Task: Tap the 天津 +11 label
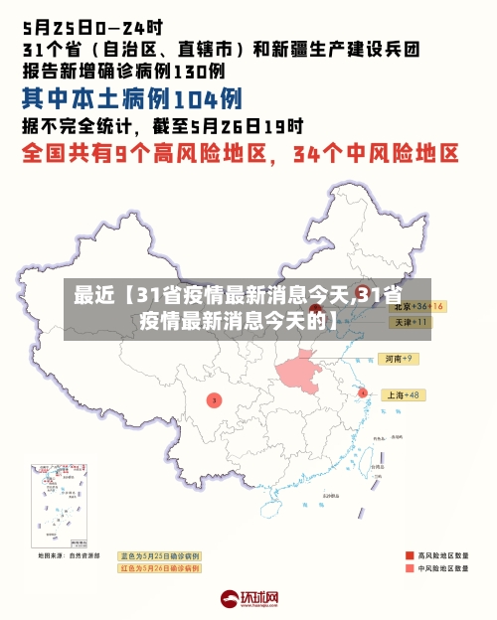pyautogui.click(x=410, y=322)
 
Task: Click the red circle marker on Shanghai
pyautogui.click(x=363, y=392)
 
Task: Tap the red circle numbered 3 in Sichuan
pyautogui.click(x=214, y=399)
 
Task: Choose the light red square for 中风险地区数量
pyautogui.click(x=409, y=569)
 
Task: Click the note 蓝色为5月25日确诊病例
pyautogui.click(x=159, y=555)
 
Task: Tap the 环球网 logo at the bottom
pyautogui.click(x=249, y=599)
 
